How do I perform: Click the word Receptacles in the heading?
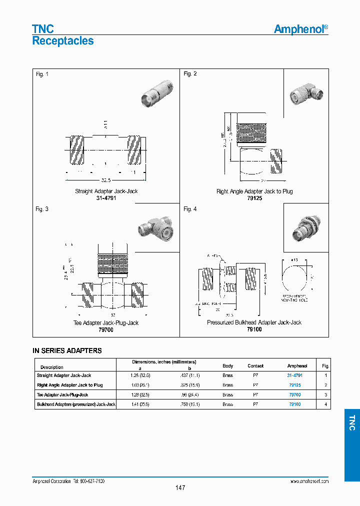click(63, 41)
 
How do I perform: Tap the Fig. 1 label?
click(42, 74)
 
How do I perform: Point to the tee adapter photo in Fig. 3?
click(154, 227)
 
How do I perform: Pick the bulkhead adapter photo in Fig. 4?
click(306, 228)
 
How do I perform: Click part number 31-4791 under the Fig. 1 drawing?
click(106, 198)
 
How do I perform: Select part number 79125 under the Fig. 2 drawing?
click(254, 198)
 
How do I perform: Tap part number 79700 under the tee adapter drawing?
click(106, 330)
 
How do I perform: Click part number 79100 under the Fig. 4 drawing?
click(254, 330)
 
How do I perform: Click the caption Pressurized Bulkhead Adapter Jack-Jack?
click(254, 323)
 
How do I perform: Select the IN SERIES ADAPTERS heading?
click(67, 351)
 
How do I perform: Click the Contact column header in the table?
click(255, 366)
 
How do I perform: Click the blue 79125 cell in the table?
click(294, 385)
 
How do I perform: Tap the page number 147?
click(180, 487)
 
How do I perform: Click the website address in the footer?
click(309, 481)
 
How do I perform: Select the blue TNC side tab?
click(351, 423)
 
